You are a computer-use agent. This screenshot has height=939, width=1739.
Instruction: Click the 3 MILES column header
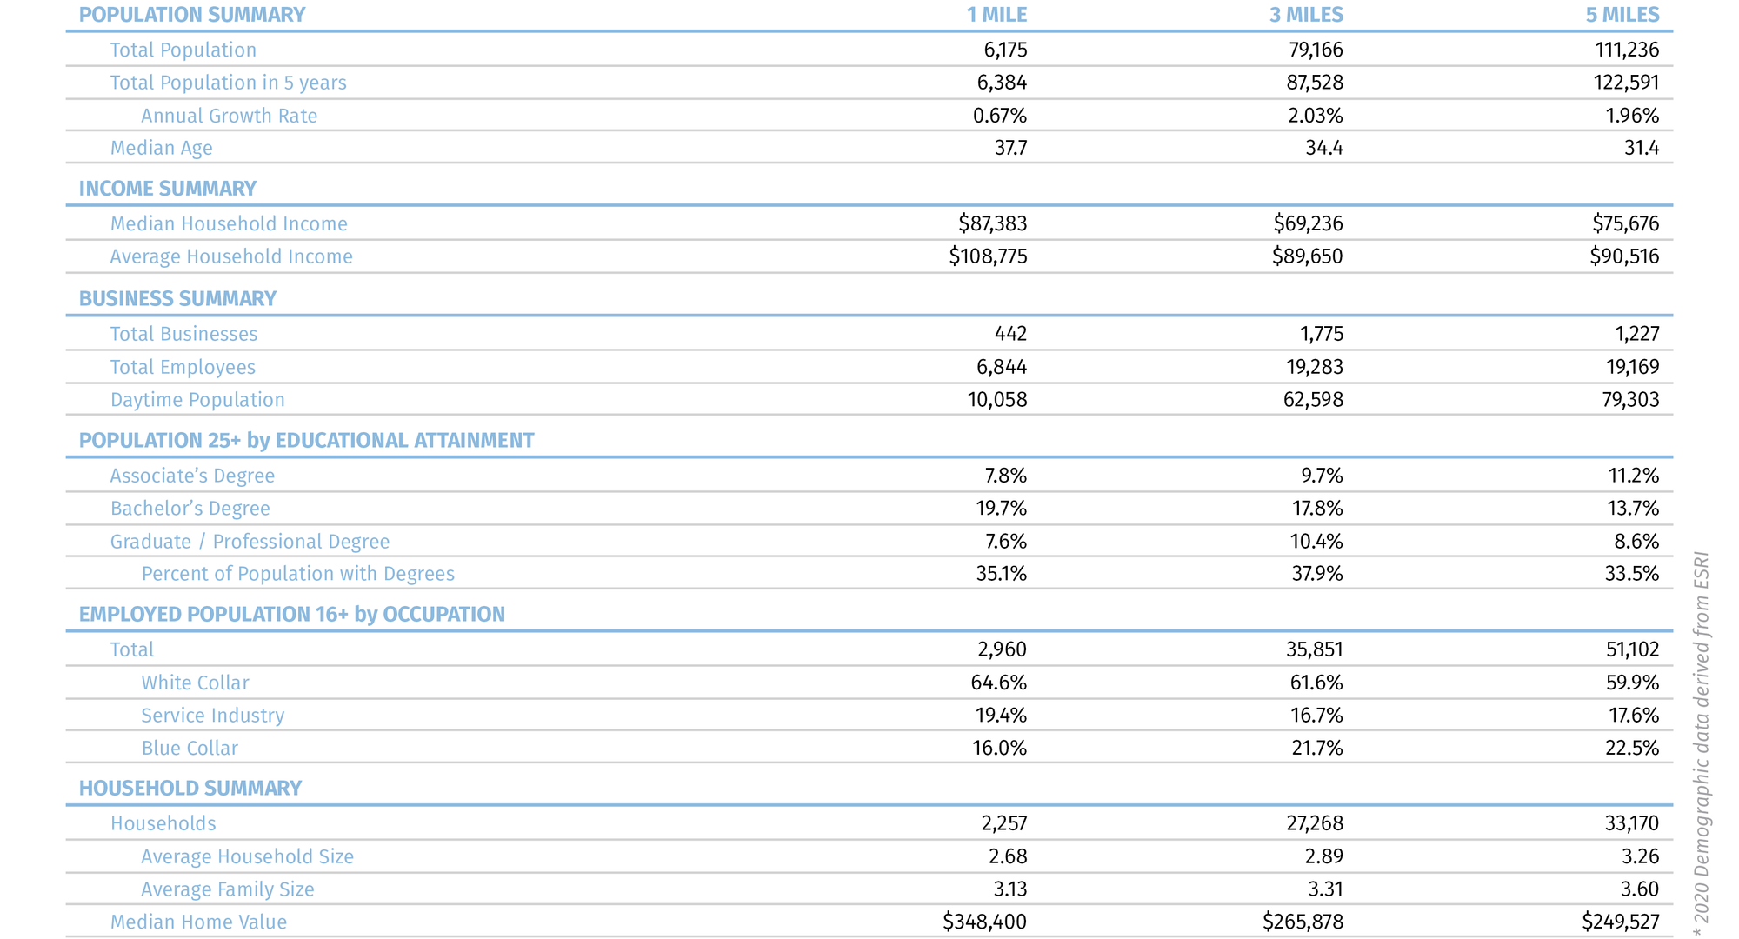1306,15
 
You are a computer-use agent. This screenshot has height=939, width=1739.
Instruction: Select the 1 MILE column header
996,15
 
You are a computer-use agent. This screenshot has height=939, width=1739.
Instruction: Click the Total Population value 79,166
1316,50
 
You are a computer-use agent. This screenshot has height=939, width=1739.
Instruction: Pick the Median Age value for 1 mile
1010,148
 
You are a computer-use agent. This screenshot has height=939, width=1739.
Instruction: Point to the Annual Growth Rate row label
229,116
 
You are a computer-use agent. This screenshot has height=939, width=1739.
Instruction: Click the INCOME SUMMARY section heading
168,189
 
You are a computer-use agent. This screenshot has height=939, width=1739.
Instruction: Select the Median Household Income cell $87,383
992,223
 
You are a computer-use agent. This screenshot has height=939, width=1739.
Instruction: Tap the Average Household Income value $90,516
1624,256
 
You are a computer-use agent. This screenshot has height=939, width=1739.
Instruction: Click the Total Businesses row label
183,334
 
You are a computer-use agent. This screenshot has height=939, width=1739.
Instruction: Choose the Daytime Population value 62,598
1313,400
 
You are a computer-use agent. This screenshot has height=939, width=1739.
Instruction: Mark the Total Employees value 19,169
1632,367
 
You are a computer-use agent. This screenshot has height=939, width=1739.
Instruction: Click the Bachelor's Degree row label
190,509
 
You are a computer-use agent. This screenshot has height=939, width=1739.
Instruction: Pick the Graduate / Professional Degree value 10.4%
1316,542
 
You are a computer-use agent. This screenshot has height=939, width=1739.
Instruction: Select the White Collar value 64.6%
998,683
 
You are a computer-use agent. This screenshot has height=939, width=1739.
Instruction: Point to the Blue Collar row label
190,749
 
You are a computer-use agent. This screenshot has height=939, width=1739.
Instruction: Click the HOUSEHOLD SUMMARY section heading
190,788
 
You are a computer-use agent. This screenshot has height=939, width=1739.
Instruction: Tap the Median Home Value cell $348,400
984,922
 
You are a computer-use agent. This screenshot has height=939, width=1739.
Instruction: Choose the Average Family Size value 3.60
1640,889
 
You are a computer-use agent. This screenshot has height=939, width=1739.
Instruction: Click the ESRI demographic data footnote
1702,743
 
